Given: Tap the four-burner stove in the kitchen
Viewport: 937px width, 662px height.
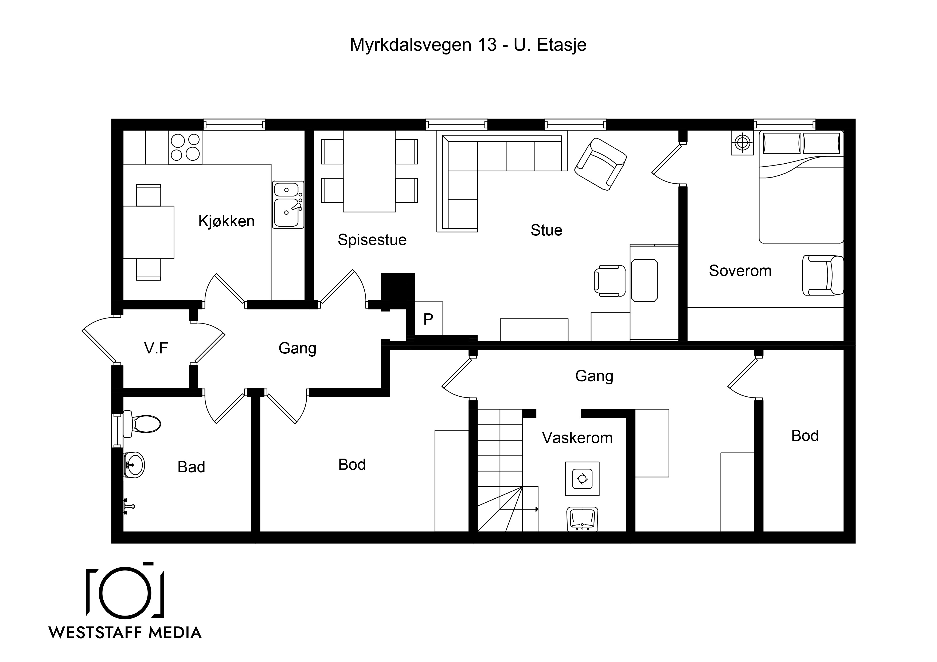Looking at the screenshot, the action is click(x=185, y=147).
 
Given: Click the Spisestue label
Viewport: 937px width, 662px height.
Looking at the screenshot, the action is click(x=372, y=240).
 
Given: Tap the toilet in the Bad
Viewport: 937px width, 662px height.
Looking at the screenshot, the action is click(x=142, y=424).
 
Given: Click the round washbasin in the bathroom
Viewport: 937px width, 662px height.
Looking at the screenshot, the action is click(x=134, y=464).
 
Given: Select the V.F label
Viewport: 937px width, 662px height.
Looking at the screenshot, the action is click(x=156, y=348).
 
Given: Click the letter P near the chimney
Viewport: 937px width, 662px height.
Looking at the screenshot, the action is click(x=428, y=319).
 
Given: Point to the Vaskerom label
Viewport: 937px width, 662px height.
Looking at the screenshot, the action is click(x=577, y=438).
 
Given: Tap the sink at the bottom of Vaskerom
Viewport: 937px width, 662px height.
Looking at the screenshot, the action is click(x=582, y=519).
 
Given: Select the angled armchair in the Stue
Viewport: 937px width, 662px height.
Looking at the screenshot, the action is click(x=600, y=164).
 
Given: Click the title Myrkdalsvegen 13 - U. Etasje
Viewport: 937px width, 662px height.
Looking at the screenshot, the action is click(x=468, y=45).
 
